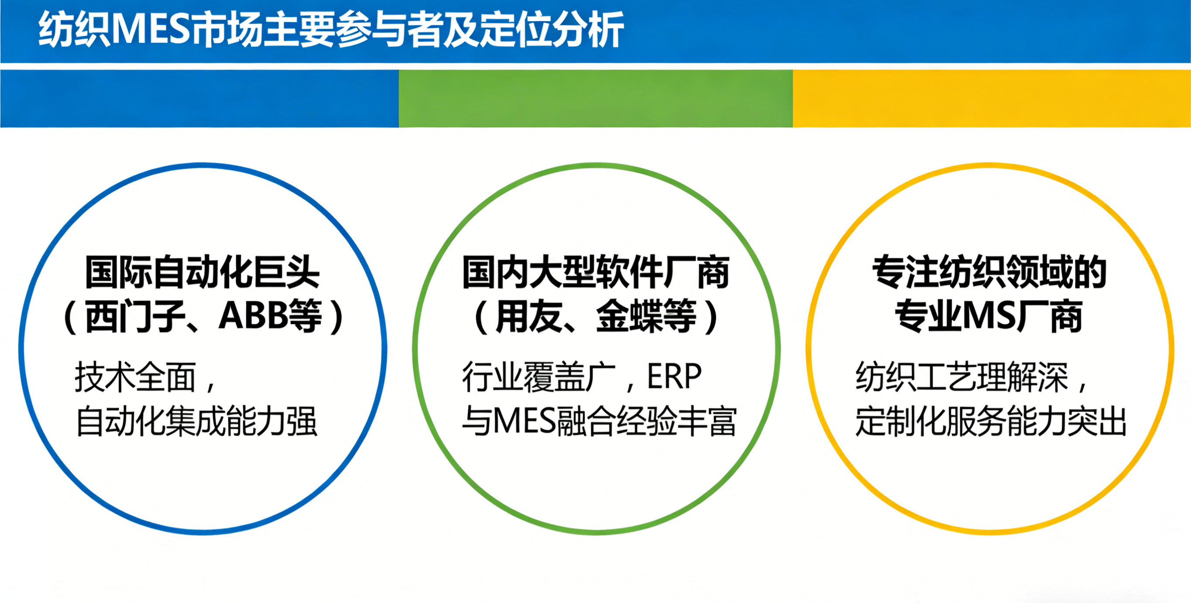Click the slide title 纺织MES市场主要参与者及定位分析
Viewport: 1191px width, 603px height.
[331, 31]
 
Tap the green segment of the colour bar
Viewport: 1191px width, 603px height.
[595, 99]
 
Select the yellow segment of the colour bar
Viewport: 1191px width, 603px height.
[992, 99]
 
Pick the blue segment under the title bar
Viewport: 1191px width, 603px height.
[199, 99]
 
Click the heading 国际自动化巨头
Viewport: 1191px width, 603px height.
[202, 272]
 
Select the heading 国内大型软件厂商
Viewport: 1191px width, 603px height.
[596, 272]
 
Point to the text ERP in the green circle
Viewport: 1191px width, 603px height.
[674, 377]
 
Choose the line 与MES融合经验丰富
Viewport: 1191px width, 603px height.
[599, 421]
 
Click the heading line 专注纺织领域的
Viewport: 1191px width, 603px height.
[990, 272]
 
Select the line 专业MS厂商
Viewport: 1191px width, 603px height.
[989, 316]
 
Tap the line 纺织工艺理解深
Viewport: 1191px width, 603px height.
[962, 377]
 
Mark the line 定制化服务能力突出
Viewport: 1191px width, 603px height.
[991, 421]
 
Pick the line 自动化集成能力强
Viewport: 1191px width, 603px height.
[196, 421]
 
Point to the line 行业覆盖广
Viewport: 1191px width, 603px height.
[539, 377]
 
